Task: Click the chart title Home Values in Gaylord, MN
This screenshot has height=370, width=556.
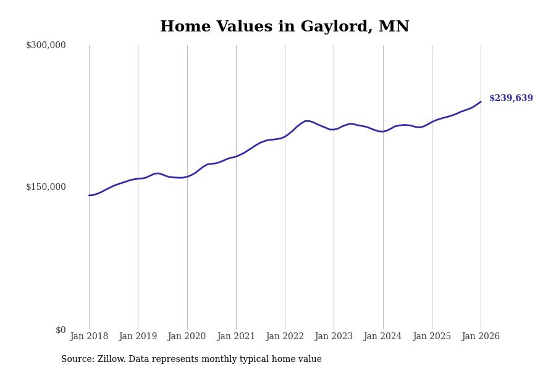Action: [x=284, y=27]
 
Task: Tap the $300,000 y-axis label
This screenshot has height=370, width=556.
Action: [x=46, y=45]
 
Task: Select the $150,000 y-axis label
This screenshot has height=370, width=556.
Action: [x=46, y=187]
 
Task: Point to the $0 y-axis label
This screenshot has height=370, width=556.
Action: [x=61, y=330]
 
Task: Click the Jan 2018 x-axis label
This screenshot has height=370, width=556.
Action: [x=89, y=337]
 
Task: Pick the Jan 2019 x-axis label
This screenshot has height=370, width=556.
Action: [x=138, y=337]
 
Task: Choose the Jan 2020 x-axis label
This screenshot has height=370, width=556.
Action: [x=187, y=337]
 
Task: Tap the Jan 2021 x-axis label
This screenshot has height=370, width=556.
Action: [x=236, y=337]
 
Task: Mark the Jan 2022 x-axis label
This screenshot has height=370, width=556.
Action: [x=285, y=337]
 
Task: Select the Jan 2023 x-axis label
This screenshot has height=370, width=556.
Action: [x=334, y=337]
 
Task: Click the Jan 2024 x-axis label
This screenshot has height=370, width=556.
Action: [x=382, y=337]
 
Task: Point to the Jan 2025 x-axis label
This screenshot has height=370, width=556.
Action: [x=432, y=337]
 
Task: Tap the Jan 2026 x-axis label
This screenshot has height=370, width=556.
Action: [x=481, y=337]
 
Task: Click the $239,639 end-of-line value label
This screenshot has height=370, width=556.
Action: [x=511, y=99]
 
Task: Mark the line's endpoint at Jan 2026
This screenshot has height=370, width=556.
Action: [x=481, y=102]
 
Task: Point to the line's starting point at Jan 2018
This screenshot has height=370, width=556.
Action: [x=89, y=195]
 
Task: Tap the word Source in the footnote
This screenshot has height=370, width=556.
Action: [x=77, y=360]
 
